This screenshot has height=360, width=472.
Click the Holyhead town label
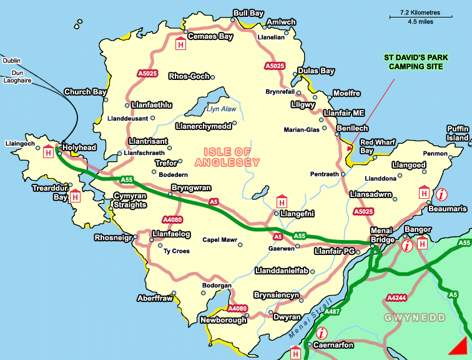[79, 147]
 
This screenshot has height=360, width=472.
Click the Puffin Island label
[457, 132]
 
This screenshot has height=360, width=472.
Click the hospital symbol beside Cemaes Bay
[181, 45]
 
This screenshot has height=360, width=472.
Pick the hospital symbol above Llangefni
[282, 202]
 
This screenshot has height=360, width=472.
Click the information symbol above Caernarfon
[322, 333]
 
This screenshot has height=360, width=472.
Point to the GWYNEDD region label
[415, 318]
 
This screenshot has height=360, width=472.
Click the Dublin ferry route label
[11, 61]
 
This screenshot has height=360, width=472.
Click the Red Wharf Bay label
[375, 146]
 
